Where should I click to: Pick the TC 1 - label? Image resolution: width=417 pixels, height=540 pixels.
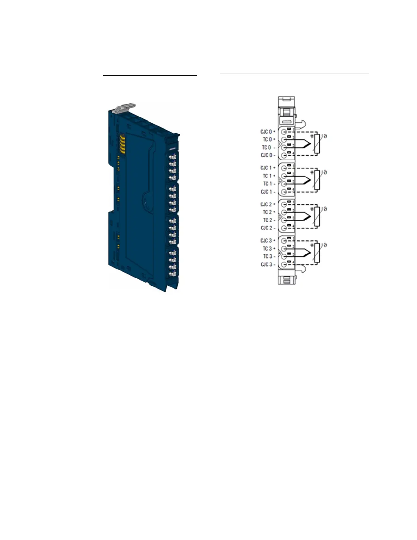(x=269, y=184)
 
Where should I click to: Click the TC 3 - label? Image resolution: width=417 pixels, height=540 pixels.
(x=269, y=257)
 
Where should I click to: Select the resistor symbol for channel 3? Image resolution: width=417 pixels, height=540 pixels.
(x=318, y=253)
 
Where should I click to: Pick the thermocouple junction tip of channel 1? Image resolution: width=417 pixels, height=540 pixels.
(x=311, y=180)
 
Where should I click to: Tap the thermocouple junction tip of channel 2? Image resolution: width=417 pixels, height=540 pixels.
(x=311, y=216)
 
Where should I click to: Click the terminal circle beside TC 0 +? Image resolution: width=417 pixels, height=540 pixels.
(x=283, y=139)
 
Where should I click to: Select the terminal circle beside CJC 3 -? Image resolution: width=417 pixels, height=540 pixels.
(x=283, y=265)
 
